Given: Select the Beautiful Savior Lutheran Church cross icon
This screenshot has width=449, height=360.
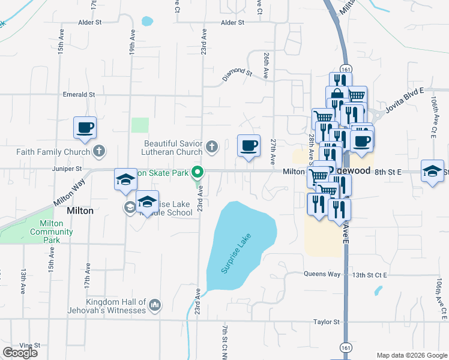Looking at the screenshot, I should [x=211, y=146].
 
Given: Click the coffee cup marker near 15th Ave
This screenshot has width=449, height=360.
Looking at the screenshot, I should [x=85, y=128].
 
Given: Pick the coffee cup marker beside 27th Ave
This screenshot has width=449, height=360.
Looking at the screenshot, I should [x=249, y=145].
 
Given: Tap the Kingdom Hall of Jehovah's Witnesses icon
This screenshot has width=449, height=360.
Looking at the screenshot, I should [x=155, y=305].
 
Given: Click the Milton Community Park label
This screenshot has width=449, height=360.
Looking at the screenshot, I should [x=52, y=232].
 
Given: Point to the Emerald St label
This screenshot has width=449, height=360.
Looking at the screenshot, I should [x=79, y=95].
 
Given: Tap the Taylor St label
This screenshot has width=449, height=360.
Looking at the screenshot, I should [x=327, y=322].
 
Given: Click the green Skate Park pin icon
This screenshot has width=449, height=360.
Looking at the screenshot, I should [x=197, y=173].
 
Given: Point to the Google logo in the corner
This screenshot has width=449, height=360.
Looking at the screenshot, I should [x=20, y=353].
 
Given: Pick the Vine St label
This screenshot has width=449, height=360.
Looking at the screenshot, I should [x=29, y=346].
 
